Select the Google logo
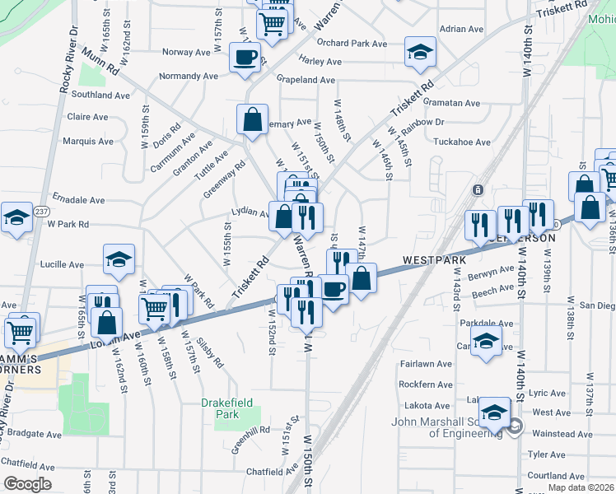27,484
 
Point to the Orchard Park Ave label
351,43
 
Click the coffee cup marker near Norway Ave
244,58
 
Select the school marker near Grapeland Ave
420,54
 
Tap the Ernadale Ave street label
78,200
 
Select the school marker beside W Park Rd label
16,218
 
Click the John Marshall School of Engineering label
446,429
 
